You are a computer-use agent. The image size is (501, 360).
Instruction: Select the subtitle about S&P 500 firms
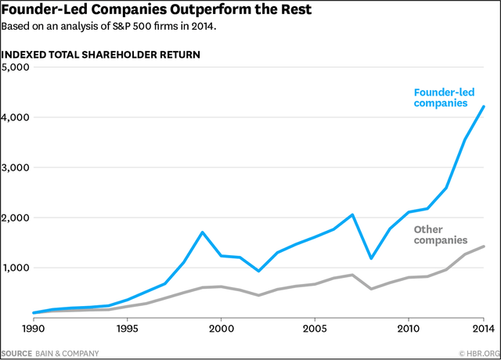[x=107, y=26]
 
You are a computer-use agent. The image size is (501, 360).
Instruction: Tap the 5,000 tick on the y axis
[x=15, y=67]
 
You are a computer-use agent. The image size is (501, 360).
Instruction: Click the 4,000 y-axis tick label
[x=15, y=117]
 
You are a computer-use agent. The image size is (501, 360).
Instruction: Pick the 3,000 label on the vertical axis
[x=15, y=167]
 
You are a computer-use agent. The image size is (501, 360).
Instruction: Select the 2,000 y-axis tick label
[x=15, y=218]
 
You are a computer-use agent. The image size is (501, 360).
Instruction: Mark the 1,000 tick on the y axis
[x=15, y=268]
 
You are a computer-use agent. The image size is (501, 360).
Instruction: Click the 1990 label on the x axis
[x=33, y=329]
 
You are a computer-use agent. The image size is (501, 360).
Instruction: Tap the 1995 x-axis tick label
[x=127, y=329]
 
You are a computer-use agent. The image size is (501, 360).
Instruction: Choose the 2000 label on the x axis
[x=221, y=329]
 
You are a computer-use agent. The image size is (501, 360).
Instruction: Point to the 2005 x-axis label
[x=315, y=329]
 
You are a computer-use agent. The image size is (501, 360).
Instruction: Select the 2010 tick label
[x=408, y=329]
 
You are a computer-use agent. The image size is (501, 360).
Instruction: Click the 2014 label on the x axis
[x=483, y=329]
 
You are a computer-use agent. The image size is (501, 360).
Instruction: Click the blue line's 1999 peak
[x=202, y=232]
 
